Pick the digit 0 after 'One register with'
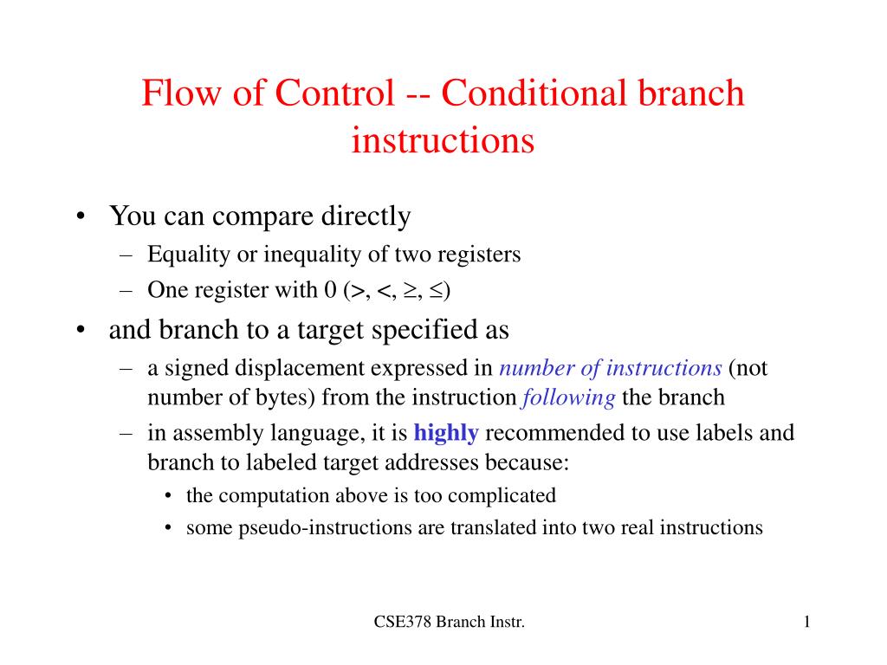[x=330, y=290]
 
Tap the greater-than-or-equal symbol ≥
[x=409, y=291]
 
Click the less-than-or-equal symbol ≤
[x=436, y=291]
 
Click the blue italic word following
[x=568, y=398]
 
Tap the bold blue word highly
[x=446, y=432]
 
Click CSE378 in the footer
[x=402, y=622]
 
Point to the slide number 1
[x=806, y=622]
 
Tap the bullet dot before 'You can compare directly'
[x=81, y=216]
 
